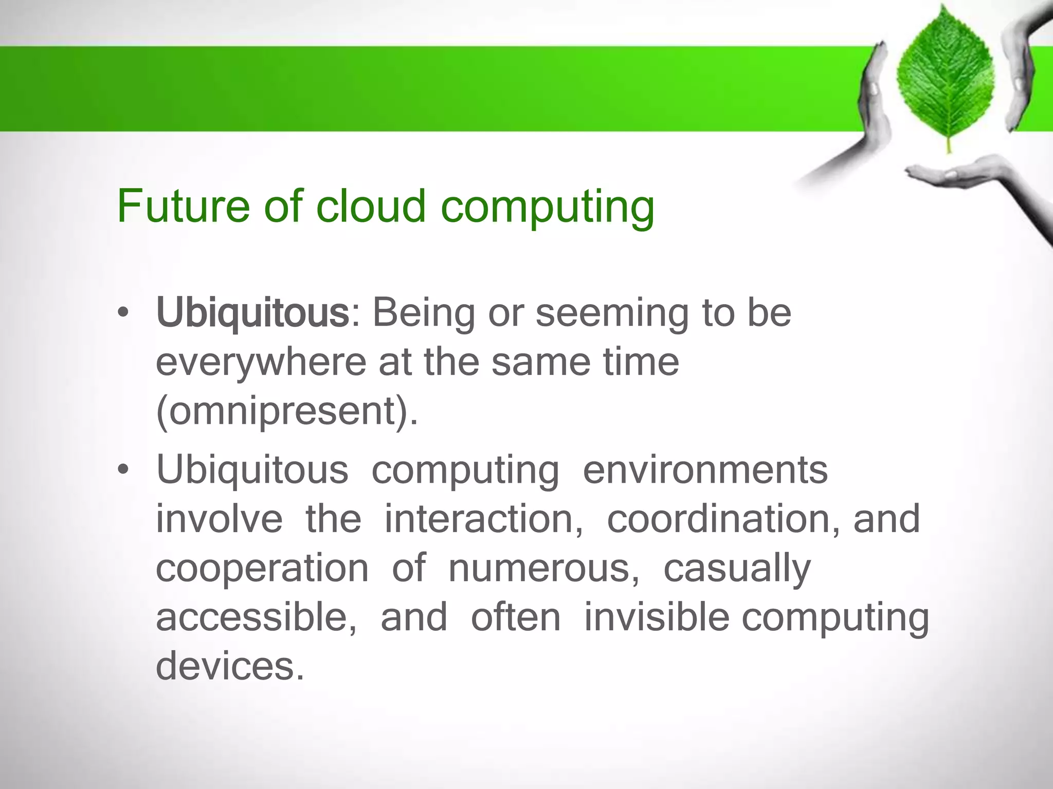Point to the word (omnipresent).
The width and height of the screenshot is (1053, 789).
(287, 411)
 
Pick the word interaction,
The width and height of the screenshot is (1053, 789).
(484, 519)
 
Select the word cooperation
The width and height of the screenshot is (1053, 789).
(262, 568)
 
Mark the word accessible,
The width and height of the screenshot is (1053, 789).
(256, 617)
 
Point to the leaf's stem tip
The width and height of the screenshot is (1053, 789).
(949, 151)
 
